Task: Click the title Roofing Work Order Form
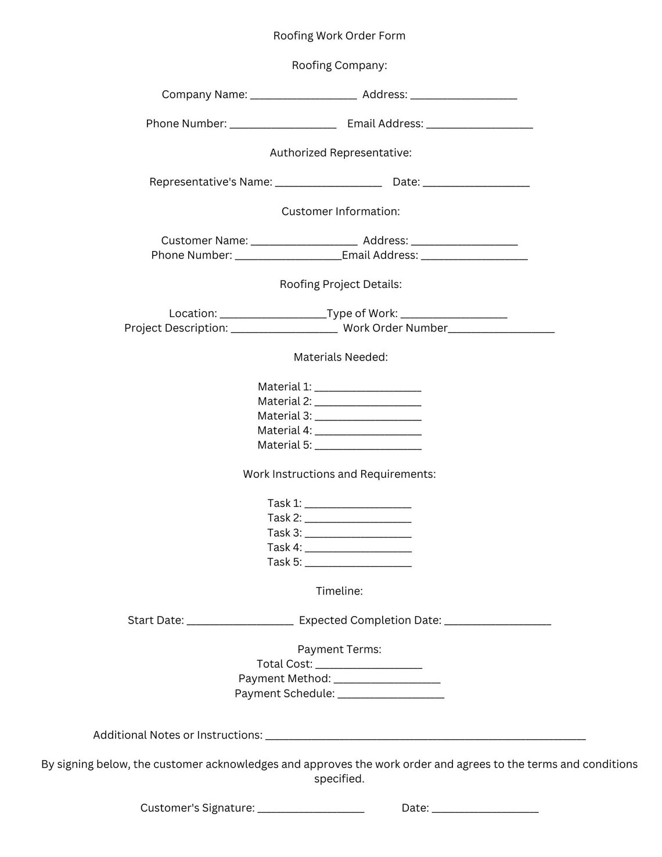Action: click(339, 36)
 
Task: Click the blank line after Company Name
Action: click(303, 96)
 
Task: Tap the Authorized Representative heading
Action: click(340, 153)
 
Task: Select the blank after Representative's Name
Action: click(328, 184)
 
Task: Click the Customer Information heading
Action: click(340, 211)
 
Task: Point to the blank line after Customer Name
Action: click(304, 243)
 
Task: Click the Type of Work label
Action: click(362, 314)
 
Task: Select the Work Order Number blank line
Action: click(501, 330)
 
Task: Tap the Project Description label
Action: click(176, 328)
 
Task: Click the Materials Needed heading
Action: click(340, 357)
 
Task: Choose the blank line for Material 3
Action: click(368, 418)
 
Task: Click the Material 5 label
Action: click(285, 445)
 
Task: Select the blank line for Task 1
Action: click(358, 505)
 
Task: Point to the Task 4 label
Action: click(284, 548)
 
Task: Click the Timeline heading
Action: click(339, 591)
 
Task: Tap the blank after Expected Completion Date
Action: click(497, 622)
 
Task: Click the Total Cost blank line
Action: click(368, 666)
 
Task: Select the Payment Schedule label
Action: click(285, 693)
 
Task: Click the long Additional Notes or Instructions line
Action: click(425, 737)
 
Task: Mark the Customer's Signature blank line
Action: click(311, 810)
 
